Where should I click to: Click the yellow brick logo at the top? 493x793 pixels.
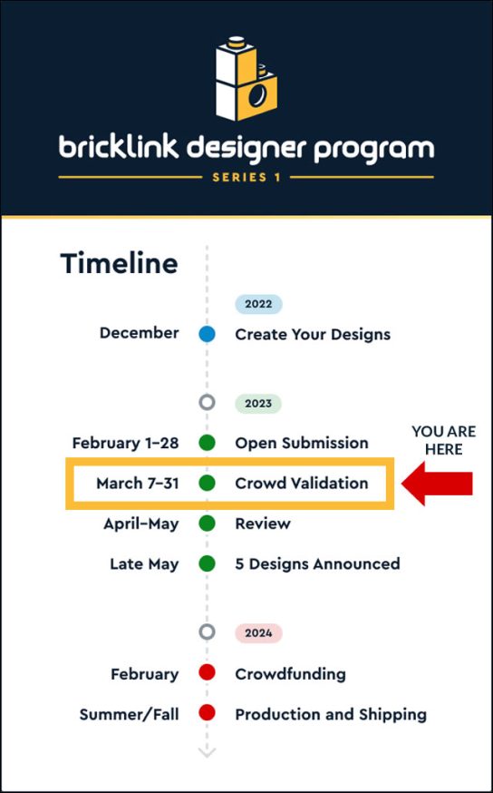pos(246,83)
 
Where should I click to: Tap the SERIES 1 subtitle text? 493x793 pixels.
pos(246,177)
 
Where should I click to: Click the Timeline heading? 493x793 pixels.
pos(119,264)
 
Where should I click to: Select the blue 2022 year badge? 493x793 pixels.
pos(258,304)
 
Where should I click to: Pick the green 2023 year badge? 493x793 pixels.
pos(258,403)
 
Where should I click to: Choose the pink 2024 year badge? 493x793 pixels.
pos(258,633)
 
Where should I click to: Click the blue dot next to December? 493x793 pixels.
pos(207,334)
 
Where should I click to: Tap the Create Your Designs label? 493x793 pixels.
pos(313,334)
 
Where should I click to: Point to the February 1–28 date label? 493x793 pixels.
pos(125,443)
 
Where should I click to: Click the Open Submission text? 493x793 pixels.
pos(302,443)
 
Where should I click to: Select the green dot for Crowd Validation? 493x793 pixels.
pos(207,484)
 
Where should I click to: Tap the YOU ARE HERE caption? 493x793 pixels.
pos(443,440)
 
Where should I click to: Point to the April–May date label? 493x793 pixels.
pos(140,524)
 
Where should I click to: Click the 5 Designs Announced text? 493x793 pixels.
pos(317,563)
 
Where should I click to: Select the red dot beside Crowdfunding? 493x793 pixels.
pos(207,673)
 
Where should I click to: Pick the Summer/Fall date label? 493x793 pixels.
pos(129,714)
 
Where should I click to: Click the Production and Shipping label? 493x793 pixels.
pos(331,714)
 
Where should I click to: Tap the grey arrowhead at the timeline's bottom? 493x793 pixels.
pos(207,751)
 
